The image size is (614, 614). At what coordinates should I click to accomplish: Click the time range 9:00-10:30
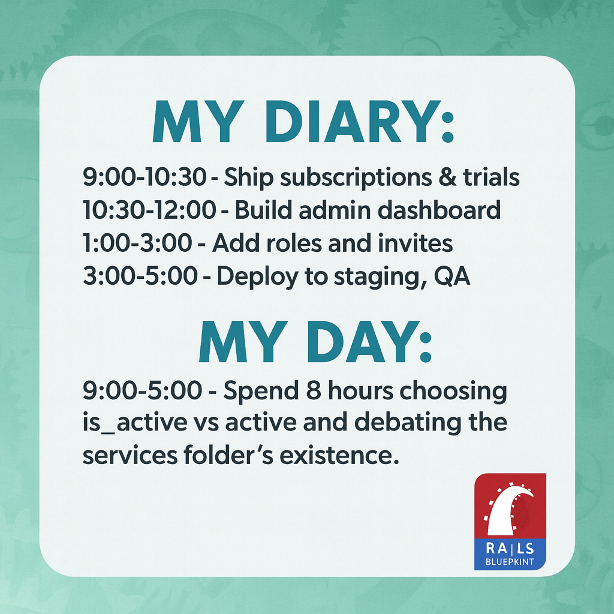click(143, 177)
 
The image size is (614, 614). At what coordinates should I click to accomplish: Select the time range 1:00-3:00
click(137, 243)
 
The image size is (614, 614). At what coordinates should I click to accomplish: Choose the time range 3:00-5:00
click(140, 276)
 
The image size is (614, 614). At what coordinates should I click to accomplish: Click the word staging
click(372, 278)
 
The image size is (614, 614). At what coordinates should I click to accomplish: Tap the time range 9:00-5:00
click(142, 391)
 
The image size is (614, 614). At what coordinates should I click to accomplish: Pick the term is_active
click(135, 423)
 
